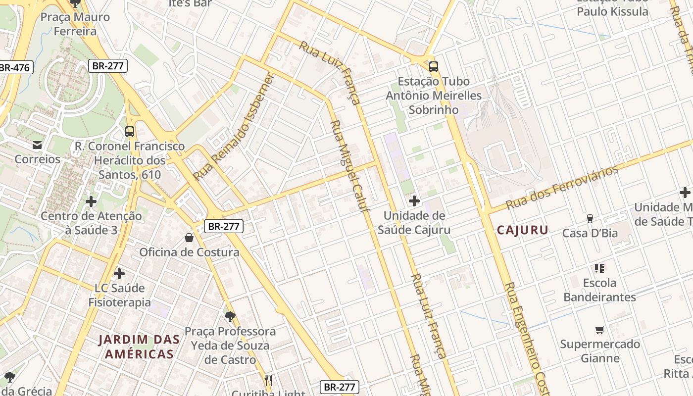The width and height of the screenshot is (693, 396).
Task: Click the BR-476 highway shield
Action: pos(15,67)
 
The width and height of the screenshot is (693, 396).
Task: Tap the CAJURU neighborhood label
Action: pos(523,230)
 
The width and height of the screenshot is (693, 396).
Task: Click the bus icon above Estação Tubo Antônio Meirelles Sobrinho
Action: pos(434,66)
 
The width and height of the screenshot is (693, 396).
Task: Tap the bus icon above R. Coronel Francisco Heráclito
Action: pos(130,132)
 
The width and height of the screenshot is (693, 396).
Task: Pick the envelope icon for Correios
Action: pos(37,145)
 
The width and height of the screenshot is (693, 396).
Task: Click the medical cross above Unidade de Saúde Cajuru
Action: pos(414,201)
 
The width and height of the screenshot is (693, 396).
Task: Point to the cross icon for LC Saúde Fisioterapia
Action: pos(119,273)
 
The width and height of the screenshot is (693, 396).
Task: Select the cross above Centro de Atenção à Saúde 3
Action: pos(91,201)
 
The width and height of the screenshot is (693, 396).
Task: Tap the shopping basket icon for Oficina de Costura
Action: pos(189,238)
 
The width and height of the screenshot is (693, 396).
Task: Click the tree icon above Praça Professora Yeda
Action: pos(230,316)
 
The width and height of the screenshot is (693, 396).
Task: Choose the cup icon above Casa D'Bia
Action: pos(590,218)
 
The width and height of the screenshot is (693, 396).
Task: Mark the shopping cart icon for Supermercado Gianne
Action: pos(600,330)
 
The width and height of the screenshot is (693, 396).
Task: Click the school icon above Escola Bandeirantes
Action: pos(599,268)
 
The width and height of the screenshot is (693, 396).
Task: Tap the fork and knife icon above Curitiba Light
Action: pos(268,380)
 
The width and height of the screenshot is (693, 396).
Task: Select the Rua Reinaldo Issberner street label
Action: pos(234,127)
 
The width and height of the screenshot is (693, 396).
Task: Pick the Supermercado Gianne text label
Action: pos(600,351)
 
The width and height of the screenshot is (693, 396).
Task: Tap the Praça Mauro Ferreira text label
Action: pos(75,24)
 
